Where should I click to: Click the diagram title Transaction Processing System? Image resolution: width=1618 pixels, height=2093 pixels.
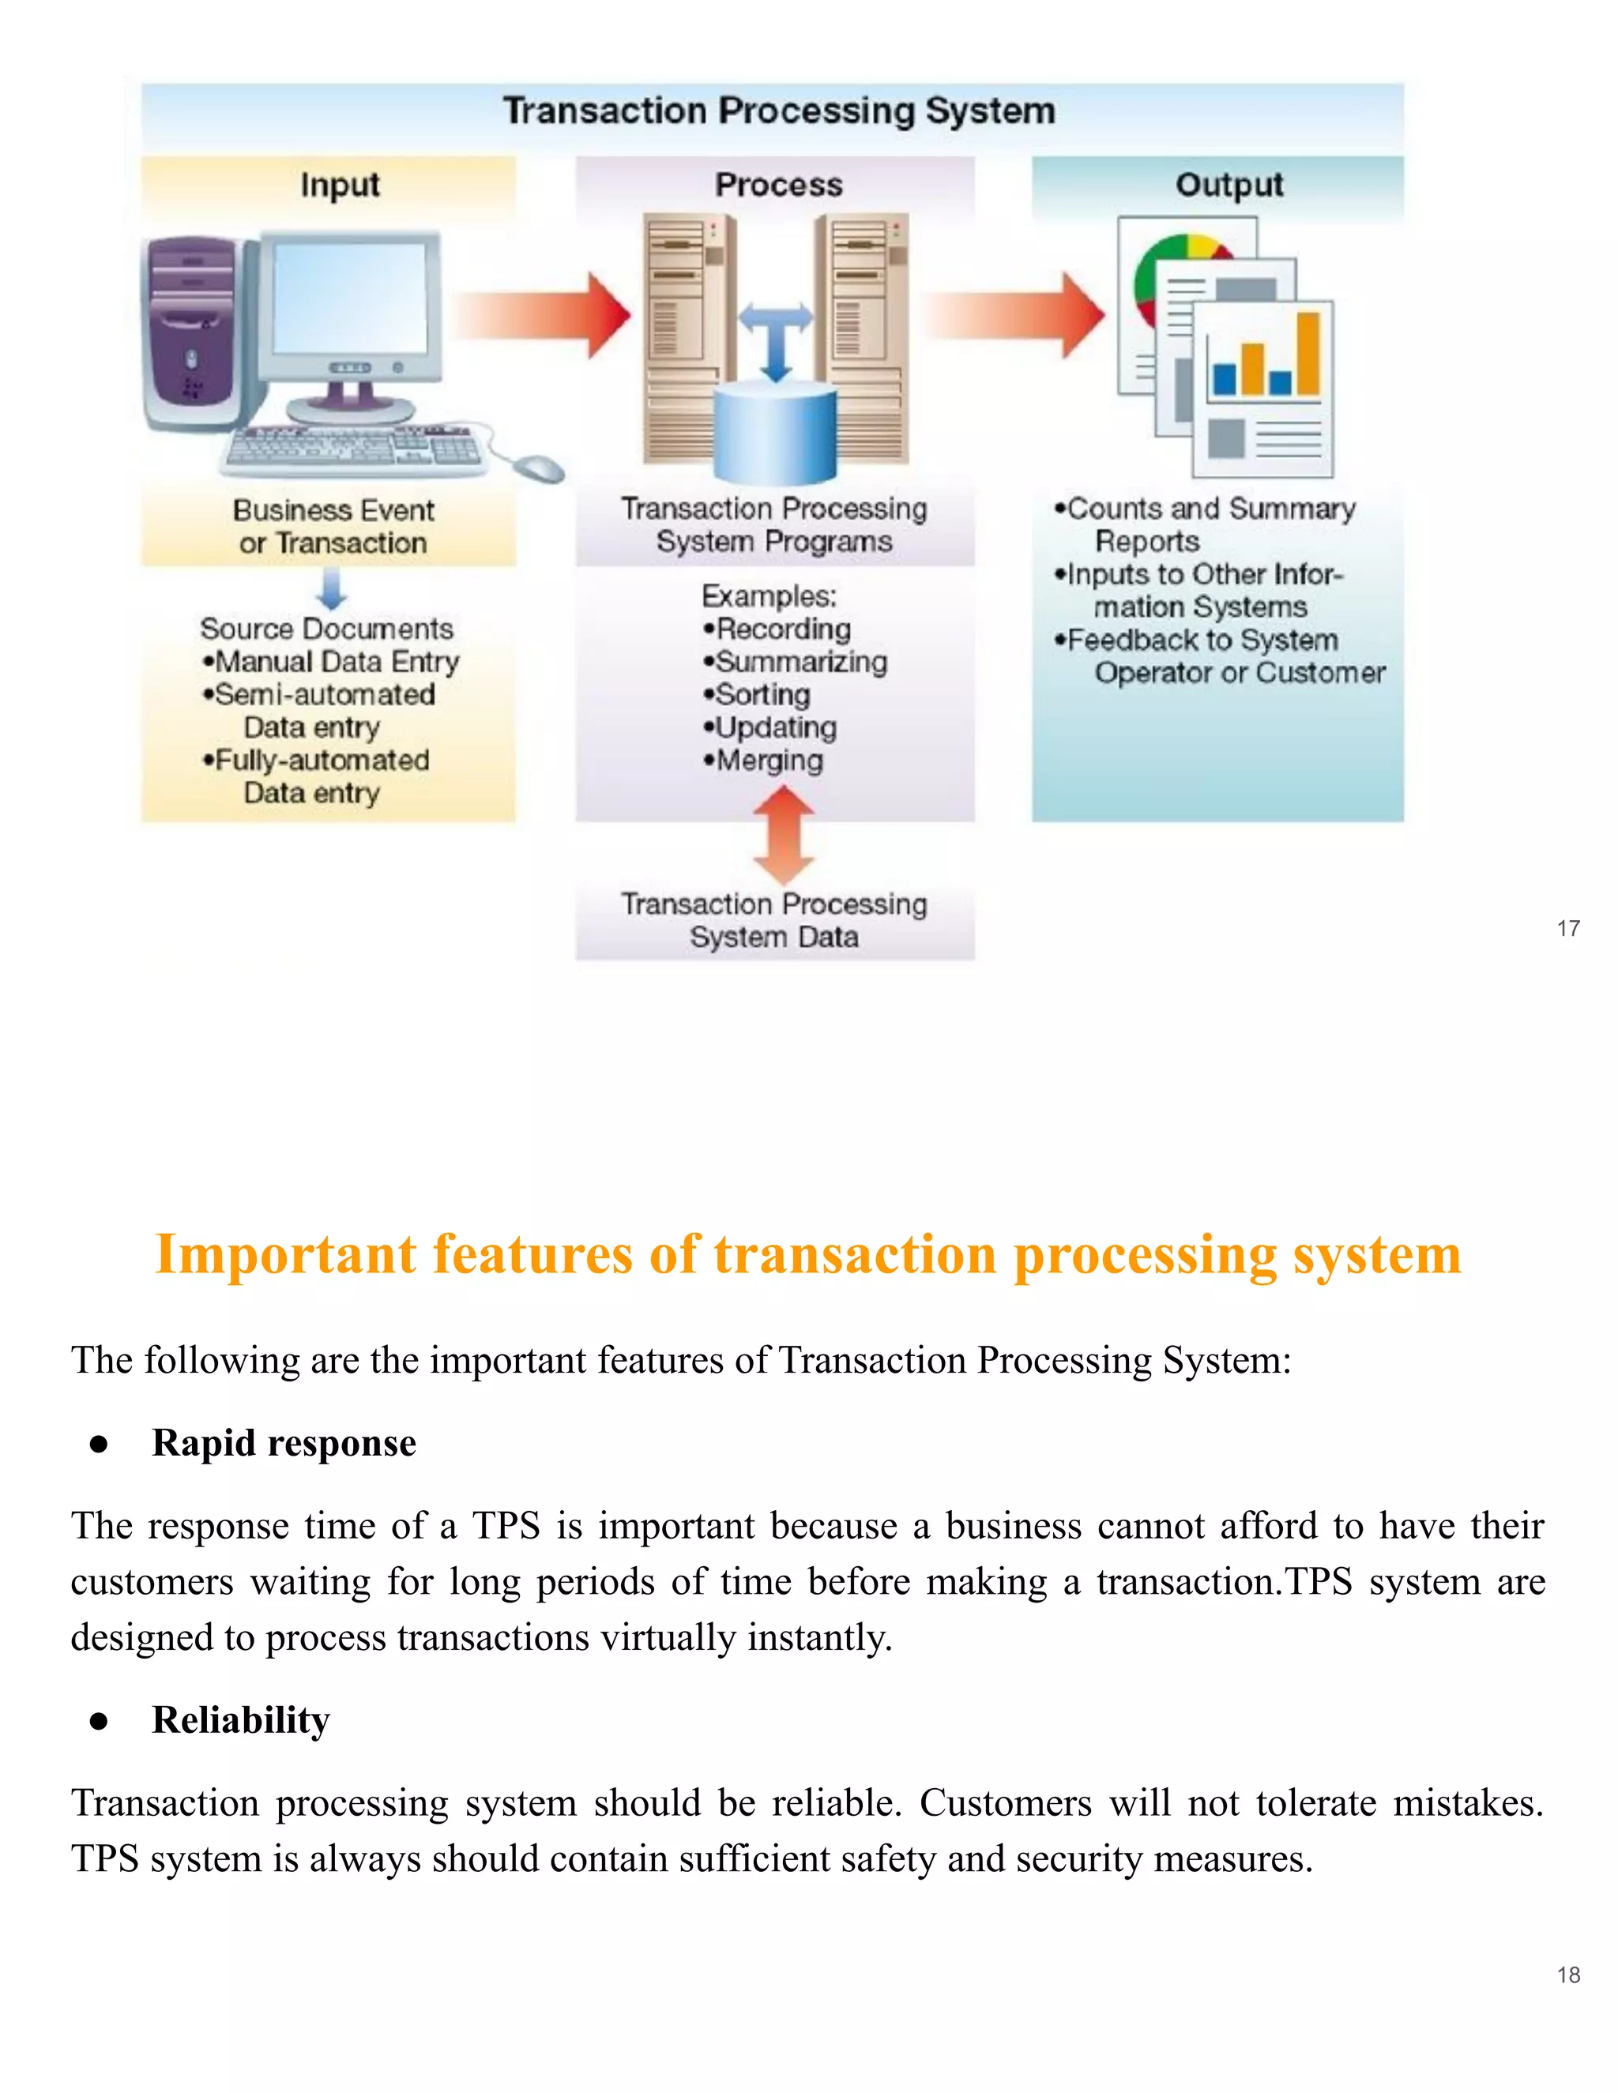pyautogui.click(x=778, y=111)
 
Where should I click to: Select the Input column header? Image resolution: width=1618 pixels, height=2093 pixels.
pyautogui.click(x=339, y=184)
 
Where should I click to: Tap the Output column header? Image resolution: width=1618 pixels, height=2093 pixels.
pyautogui.click(x=1229, y=184)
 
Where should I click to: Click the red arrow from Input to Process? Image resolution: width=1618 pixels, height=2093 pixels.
pyautogui.click(x=547, y=315)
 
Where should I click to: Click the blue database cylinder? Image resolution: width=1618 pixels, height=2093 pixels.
pyautogui.click(x=777, y=431)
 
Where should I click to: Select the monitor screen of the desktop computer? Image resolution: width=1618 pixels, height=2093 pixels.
pyautogui.click(x=350, y=299)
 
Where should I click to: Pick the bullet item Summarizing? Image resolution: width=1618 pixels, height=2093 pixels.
pyautogui.click(x=795, y=662)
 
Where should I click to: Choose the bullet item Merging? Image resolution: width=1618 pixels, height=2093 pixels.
pyautogui.click(x=763, y=761)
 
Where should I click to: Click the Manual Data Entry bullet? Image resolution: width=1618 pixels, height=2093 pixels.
pyautogui.click(x=331, y=662)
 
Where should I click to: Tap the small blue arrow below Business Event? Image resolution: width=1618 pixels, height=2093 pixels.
pyautogui.click(x=331, y=588)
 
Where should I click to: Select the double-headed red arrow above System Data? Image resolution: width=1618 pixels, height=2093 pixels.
pyautogui.click(x=784, y=835)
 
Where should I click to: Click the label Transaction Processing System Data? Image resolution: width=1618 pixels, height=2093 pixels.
pyautogui.click(x=773, y=920)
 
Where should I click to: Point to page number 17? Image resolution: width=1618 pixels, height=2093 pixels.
pyautogui.click(x=1568, y=928)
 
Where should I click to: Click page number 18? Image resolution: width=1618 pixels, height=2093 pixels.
pyautogui.click(x=1568, y=1975)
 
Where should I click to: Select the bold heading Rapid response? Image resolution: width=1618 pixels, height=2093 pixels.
pyautogui.click(x=284, y=1442)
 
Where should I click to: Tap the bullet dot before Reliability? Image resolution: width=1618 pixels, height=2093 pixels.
pyautogui.click(x=98, y=1721)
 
